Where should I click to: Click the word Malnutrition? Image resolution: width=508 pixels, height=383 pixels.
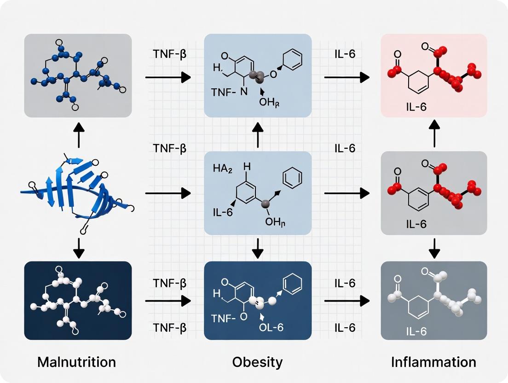coord(76,362)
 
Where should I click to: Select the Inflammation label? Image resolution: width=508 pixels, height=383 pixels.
coord(433,362)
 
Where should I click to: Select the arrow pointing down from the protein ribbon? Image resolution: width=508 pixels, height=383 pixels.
coord(79,249)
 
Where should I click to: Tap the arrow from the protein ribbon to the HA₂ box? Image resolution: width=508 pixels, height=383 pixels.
coord(168,193)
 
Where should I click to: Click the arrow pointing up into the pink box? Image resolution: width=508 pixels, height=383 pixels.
coord(434,134)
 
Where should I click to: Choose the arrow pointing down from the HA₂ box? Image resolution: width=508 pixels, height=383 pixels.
coord(258,249)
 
